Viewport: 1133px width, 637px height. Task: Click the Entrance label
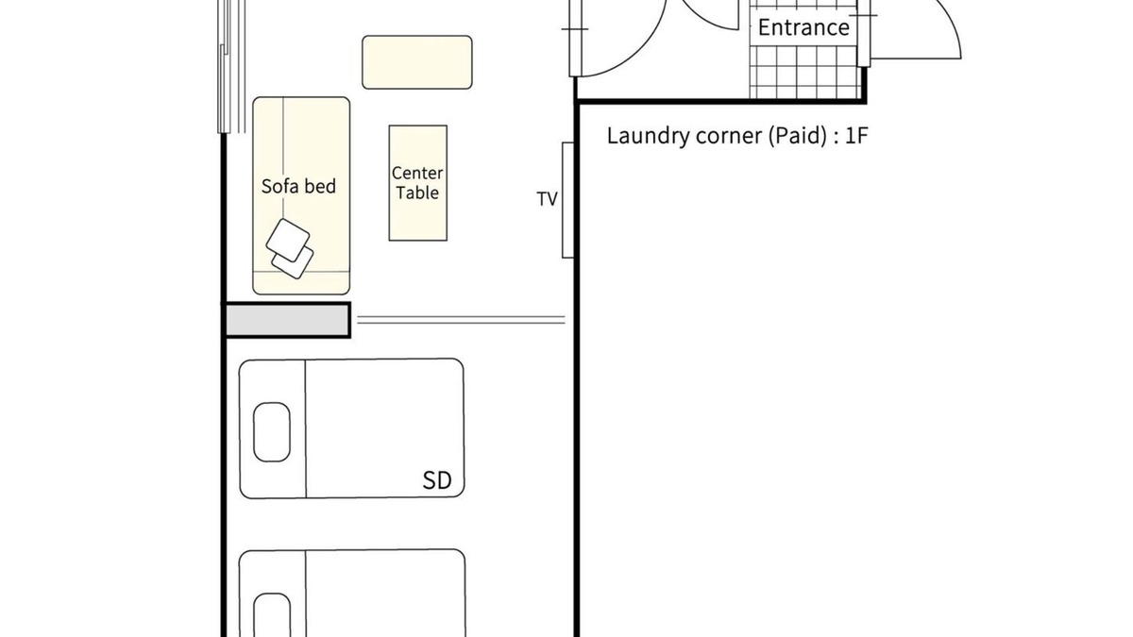click(x=803, y=27)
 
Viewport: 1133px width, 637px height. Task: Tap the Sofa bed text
click(x=298, y=187)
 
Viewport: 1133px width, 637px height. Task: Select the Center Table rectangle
click(x=417, y=183)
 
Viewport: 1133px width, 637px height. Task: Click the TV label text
click(x=547, y=199)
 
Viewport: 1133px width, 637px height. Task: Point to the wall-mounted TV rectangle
click(x=568, y=200)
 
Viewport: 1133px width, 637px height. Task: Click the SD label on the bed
click(x=437, y=480)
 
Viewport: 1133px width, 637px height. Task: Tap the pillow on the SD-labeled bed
click(x=272, y=432)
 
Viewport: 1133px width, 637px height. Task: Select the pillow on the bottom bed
click(x=272, y=615)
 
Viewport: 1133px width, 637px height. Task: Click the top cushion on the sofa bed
click(x=288, y=240)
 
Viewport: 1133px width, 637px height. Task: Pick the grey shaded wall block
click(x=287, y=320)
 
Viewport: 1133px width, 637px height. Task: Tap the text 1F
click(x=857, y=136)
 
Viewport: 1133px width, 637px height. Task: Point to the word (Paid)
click(x=799, y=136)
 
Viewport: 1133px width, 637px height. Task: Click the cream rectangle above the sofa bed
click(x=417, y=62)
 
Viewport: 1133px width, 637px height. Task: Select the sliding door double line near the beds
click(x=462, y=320)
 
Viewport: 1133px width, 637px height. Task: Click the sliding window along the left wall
click(x=231, y=67)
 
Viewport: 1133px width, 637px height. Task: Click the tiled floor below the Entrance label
click(x=804, y=72)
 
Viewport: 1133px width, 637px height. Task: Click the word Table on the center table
click(x=417, y=193)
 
